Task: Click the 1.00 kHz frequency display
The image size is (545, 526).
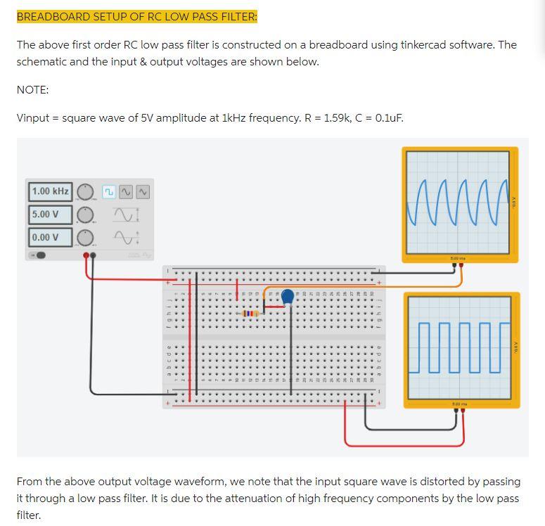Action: [50, 191]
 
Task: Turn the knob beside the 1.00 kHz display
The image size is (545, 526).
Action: [85, 191]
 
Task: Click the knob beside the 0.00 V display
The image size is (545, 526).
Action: [85, 237]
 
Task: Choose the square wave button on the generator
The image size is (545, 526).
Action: [109, 191]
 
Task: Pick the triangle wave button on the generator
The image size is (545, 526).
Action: [143, 191]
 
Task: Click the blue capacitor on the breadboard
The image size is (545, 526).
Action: [288, 298]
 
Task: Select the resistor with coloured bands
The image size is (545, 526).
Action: [250, 313]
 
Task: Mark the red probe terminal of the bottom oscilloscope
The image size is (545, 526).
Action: [463, 411]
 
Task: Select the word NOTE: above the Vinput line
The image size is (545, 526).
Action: [32, 89]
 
